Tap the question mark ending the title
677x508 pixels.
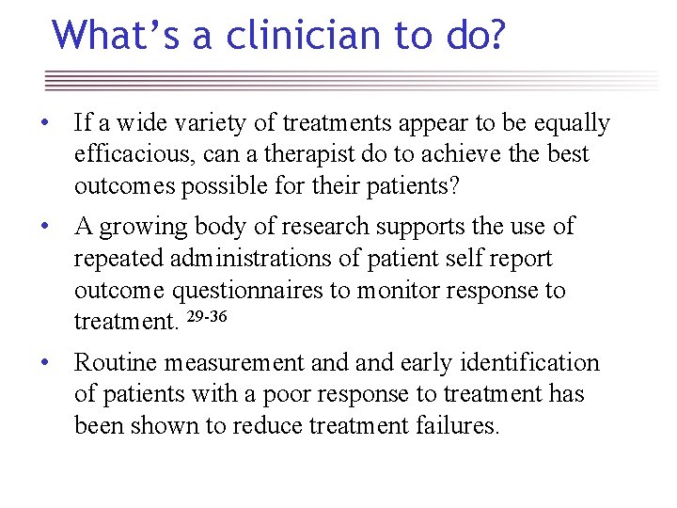494,35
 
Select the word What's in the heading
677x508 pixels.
101,35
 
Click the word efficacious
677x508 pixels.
137,154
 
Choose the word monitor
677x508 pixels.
396,290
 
